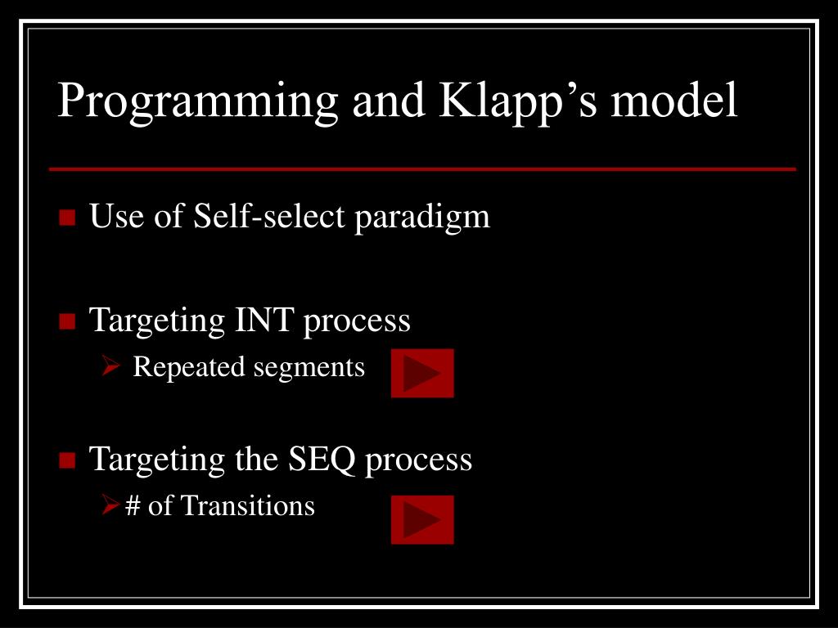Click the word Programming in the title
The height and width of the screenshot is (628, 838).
coord(197,102)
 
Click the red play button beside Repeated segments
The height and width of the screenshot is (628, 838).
coord(422,373)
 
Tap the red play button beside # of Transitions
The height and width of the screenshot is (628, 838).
coord(422,519)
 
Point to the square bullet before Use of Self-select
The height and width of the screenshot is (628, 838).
coord(67,218)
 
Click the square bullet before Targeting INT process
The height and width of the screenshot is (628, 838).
coord(67,321)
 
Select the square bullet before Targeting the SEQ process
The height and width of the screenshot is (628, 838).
coord(67,460)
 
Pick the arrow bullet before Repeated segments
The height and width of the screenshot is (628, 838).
coord(111,368)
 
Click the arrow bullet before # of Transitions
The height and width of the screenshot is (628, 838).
coord(111,507)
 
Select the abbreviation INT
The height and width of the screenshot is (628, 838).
coord(264,320)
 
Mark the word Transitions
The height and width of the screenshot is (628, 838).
coord(247,506)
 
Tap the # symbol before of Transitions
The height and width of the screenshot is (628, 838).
coord(133,506)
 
